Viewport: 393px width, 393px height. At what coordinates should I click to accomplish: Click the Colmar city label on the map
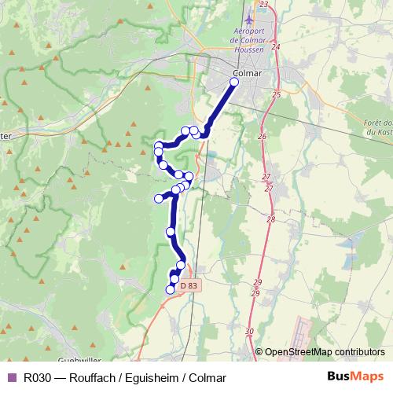point(247,74)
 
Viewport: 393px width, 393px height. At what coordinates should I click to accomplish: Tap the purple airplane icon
point(250,18)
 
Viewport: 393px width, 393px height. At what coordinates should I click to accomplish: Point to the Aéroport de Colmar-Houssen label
point(250,39)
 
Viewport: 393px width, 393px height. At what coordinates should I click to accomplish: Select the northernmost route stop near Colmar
point(233,81)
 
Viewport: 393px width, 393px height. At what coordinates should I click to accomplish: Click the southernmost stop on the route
point(169,290)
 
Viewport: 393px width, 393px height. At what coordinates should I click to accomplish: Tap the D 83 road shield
point(189,286)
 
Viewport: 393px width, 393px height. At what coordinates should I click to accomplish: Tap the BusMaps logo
point(355,377)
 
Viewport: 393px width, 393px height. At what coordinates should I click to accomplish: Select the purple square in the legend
point(11,377)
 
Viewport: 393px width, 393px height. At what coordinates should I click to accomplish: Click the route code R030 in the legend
point(38,377)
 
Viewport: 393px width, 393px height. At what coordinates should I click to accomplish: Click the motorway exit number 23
point(263,5)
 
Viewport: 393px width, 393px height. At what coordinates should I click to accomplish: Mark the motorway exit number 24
point(275,47)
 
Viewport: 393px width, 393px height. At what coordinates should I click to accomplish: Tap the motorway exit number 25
point(275,94)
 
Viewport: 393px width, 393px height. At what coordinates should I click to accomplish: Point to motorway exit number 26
point(262,136)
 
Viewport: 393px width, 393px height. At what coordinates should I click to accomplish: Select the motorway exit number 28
point(271,219)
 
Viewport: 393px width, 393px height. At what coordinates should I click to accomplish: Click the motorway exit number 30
point(249,332)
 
